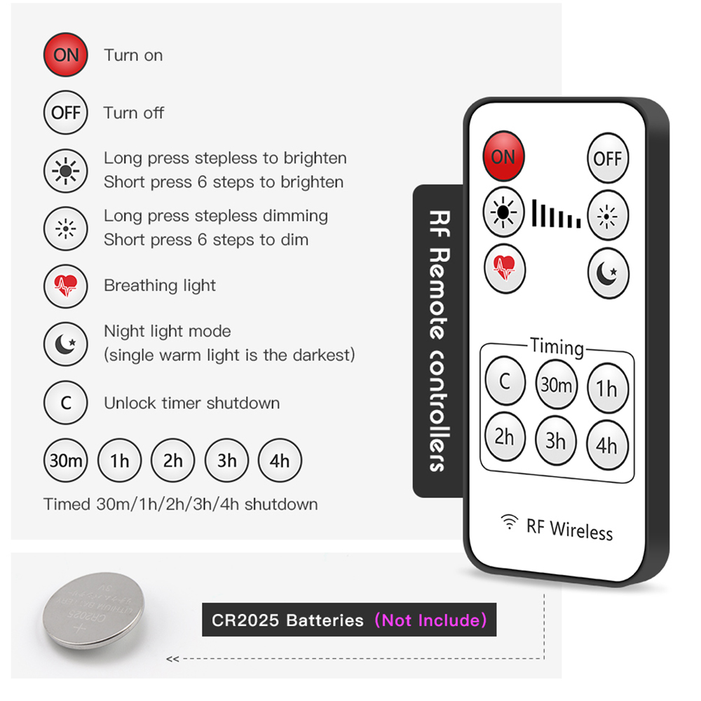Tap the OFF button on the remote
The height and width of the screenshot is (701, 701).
click(608, 158)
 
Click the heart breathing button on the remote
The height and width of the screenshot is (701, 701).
click(505, 268)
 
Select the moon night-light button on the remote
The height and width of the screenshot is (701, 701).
click(608, 273)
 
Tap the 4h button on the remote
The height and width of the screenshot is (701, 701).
click(607, 445)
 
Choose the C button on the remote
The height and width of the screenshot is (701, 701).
click(505, 381)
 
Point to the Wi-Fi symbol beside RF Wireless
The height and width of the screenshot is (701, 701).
click(509, 522)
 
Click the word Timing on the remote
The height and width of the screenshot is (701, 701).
click(557, 347)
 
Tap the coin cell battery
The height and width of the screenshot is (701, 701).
click(93, 611)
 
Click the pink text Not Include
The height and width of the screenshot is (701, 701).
click(430, 620)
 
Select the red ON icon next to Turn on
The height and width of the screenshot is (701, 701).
click(66, 55)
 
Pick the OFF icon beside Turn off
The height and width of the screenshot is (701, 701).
click(66, 113)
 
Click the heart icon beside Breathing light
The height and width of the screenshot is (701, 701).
click(66, 286)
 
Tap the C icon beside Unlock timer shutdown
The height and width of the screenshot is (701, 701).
click(66, 402)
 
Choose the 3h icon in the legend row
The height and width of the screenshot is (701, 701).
click(226, 461)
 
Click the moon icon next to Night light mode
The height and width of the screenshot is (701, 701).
click(66, 344)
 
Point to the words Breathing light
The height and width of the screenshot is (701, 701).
click(160, 286)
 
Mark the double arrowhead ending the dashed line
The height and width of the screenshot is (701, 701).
click(172, 659)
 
